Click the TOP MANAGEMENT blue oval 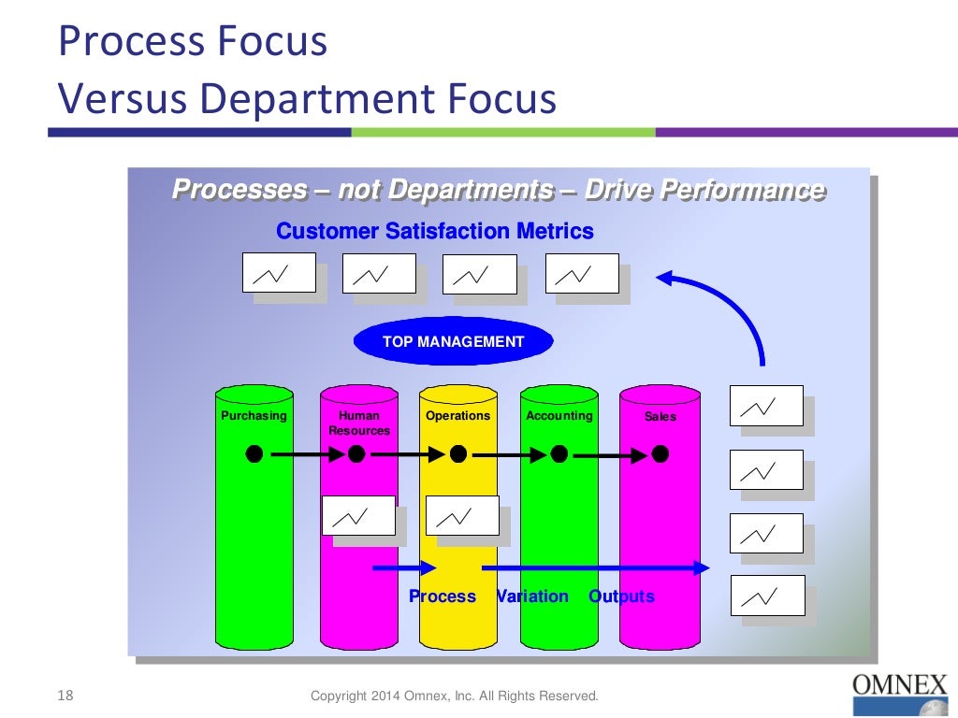click(453, 341)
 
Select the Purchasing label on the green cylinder click(254, 415)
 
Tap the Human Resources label click(359, 423)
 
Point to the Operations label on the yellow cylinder click(457, 415)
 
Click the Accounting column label click(559, 415)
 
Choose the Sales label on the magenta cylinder click(660, 416)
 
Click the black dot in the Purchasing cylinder click(254, 453)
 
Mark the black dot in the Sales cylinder click(660, 453)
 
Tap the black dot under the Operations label click(457, 453)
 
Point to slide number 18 click(65, 695)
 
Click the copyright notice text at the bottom click(454, 696)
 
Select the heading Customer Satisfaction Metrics click(435, 231)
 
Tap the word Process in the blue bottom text click(442, 596)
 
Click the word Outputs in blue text click(621, 596)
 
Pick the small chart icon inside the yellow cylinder click(462, 515)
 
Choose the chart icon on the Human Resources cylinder click(358, 515)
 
